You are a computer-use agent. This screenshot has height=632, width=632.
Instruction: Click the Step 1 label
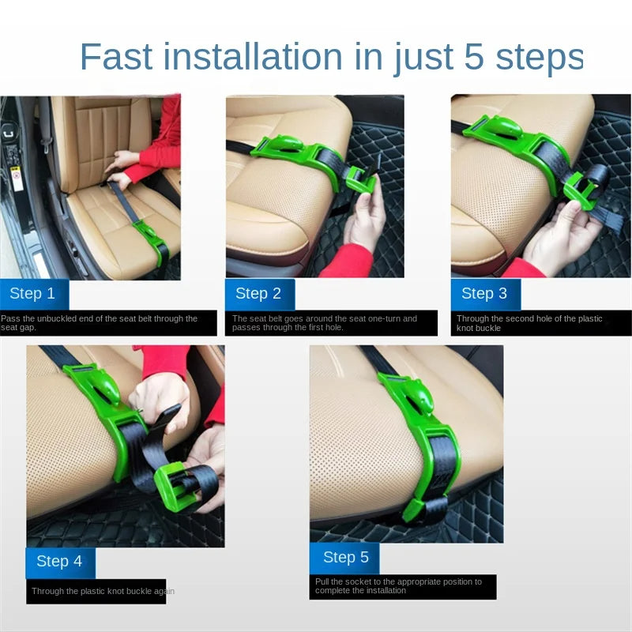click(32, 293)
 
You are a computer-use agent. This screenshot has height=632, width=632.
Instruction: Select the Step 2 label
click(258, 293)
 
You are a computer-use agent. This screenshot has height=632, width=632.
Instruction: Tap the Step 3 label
click(484, 293)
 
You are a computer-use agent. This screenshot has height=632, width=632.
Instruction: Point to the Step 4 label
click(59, 561)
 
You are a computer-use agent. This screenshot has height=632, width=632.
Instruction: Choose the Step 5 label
click(346, 557)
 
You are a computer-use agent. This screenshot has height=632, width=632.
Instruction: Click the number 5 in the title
click(473, 56)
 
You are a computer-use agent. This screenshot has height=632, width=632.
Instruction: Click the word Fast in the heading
click(116, 56)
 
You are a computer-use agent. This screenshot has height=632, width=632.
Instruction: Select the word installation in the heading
click(253, 56)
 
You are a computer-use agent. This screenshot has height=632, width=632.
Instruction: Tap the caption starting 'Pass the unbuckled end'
click(100, 323)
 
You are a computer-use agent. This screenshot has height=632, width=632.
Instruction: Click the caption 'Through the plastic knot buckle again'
click(103, 591)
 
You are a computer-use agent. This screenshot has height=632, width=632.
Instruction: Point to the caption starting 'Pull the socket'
click(398, 586)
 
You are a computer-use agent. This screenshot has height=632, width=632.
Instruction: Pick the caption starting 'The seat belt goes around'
click(325, 323)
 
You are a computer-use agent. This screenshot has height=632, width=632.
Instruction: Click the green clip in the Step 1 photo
click(151, 238)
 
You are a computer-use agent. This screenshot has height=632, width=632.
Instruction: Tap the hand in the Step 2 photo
click(365, 221)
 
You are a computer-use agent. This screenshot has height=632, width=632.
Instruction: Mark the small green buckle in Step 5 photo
click(416, 511)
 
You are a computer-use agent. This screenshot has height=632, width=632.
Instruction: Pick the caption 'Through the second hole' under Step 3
click(529, 323)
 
